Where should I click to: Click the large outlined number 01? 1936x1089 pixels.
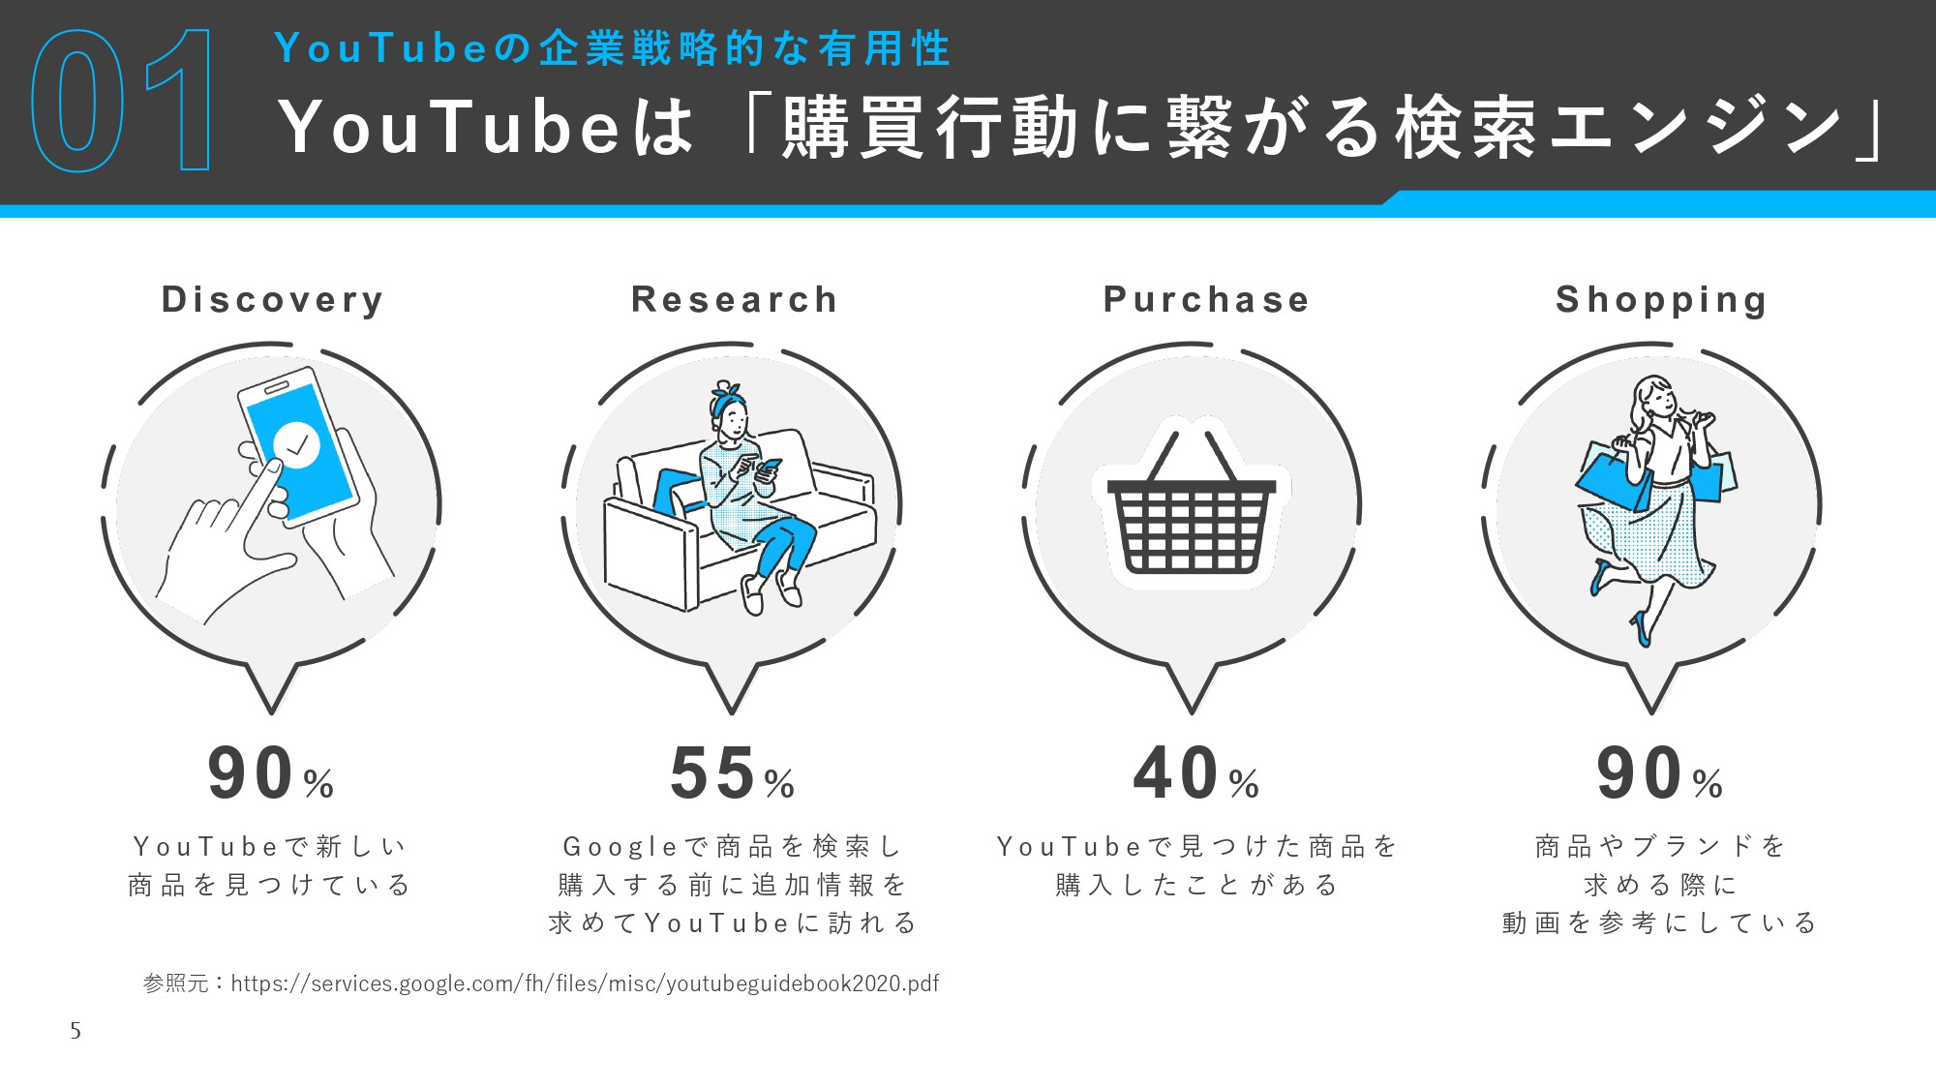click(123, 101)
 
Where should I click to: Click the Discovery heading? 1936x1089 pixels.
click(272, 300)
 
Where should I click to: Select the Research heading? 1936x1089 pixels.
click(734, 300)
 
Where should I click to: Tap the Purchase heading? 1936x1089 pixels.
click(1206, 300)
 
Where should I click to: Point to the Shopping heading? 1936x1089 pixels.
click(1661, 300)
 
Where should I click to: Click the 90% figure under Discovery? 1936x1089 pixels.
click(270, 774)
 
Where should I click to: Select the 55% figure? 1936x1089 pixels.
click(732, 774)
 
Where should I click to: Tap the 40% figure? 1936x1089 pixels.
click(1195, 774)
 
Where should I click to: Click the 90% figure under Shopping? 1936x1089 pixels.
click(1659, 774)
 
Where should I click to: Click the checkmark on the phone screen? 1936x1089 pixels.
click(297, 445)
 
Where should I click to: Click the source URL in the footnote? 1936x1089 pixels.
click(585, 983)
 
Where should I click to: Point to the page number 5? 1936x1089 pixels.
click(76, 1031)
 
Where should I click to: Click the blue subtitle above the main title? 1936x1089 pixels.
click(612, 48)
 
